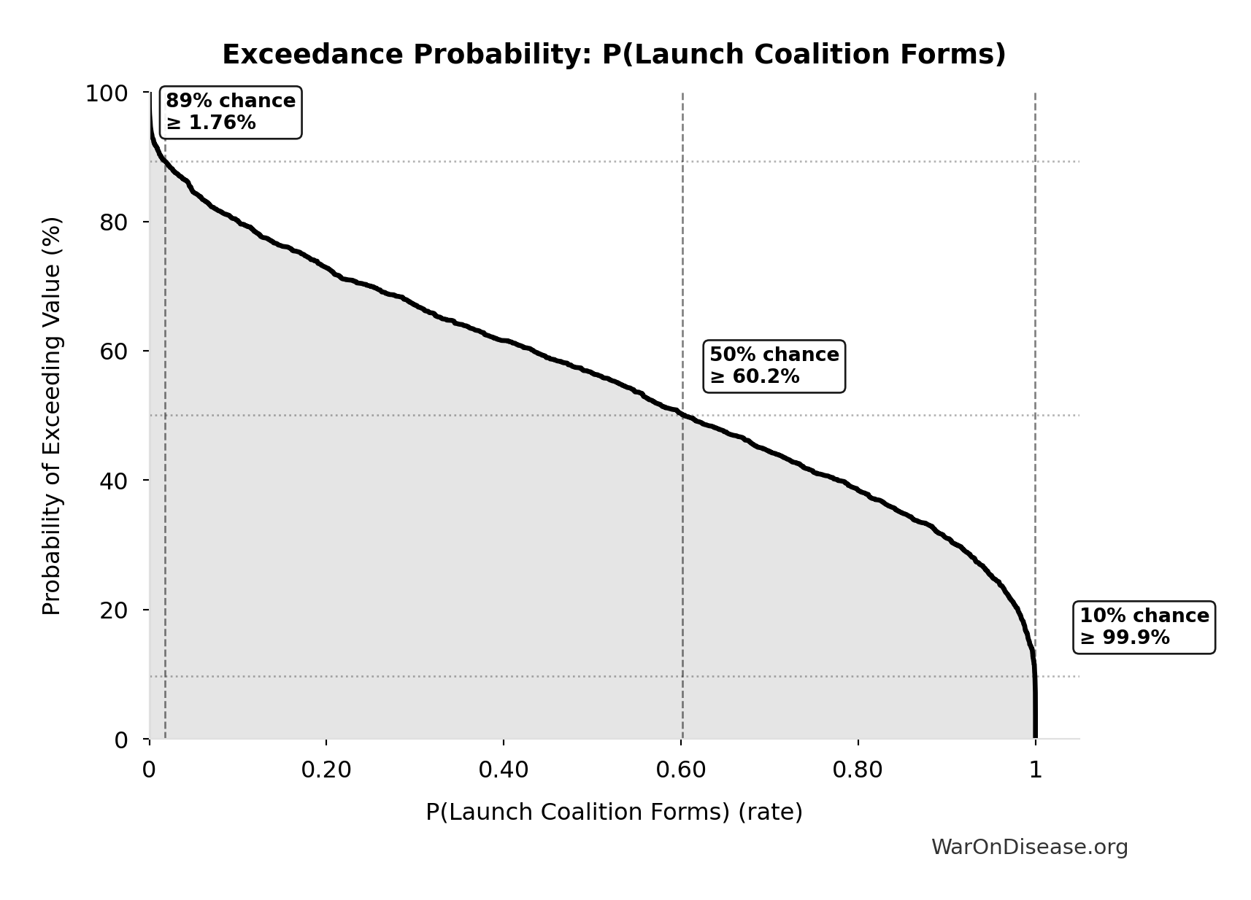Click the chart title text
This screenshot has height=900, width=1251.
point(614,55)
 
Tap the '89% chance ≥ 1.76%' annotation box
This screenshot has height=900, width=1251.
point(230,112)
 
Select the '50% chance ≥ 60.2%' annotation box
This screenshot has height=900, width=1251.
point(774,365)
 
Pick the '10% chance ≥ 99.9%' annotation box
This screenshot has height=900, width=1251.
point(1144,626)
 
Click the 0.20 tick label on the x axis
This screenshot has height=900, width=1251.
point(326,770)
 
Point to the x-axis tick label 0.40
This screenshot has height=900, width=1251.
point(504,770)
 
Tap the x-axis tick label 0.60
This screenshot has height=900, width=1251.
point(680,770)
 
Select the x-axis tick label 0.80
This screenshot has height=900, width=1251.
point(858,770)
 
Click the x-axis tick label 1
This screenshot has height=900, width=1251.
point(1035,770)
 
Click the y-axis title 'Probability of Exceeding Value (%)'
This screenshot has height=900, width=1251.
point(52,416)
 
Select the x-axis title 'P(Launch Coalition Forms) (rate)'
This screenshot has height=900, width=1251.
point(614,812)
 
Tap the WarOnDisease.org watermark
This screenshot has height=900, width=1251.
point(1029,847)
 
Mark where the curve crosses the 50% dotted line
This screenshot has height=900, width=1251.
point(682,416)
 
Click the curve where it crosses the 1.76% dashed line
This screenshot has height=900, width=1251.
point(166,162)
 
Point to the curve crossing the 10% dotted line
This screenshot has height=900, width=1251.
point(1034,676)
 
